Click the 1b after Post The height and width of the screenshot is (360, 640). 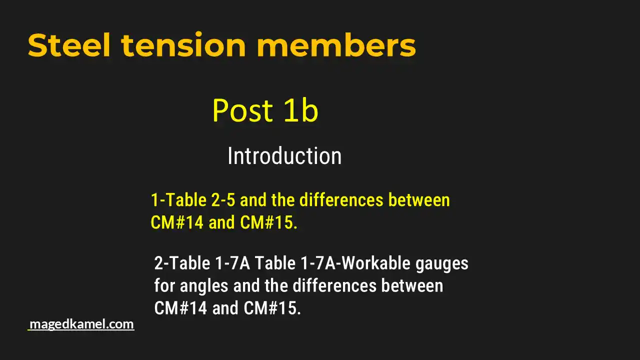(x=301, y=110)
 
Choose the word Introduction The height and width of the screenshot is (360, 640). (x=284, y=156)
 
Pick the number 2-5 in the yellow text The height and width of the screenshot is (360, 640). (x=223, y=200)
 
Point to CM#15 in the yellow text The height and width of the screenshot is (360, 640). (x=268, y=223)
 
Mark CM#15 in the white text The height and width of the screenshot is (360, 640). (x=272, y=308)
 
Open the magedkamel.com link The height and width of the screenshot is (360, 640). (x=81, y=324)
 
